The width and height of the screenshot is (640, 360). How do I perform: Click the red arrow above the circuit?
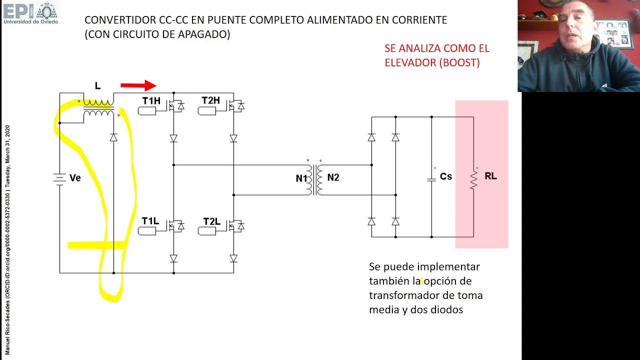tap(138, 86)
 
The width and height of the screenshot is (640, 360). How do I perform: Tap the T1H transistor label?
tap(151, 101)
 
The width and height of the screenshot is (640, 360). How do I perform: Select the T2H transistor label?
tap(210, 100)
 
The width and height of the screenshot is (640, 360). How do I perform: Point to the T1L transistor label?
tap(150, 221)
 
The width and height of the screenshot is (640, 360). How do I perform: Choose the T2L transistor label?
tap(211, 221)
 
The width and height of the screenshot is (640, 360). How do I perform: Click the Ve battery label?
tap(75, 178)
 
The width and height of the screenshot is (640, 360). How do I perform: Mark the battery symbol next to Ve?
tap(59, 178)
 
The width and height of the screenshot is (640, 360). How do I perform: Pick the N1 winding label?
tap(301, 178)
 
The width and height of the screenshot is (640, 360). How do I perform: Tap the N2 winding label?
tap(333, 177)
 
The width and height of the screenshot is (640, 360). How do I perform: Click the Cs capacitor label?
tap(446, 176)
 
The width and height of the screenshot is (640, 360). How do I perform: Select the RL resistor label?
tap(490, 176)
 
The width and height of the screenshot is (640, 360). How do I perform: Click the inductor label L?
tap(97, 86)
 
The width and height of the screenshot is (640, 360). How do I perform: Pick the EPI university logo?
tap(30, 12)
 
